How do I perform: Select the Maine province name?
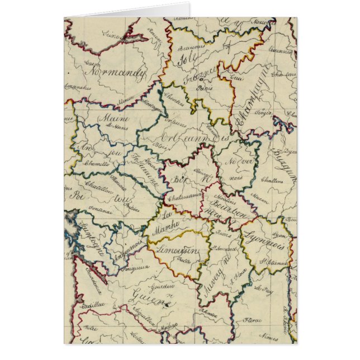(114, 119)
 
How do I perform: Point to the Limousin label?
(178, 250)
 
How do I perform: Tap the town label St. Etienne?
(272, 260)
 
